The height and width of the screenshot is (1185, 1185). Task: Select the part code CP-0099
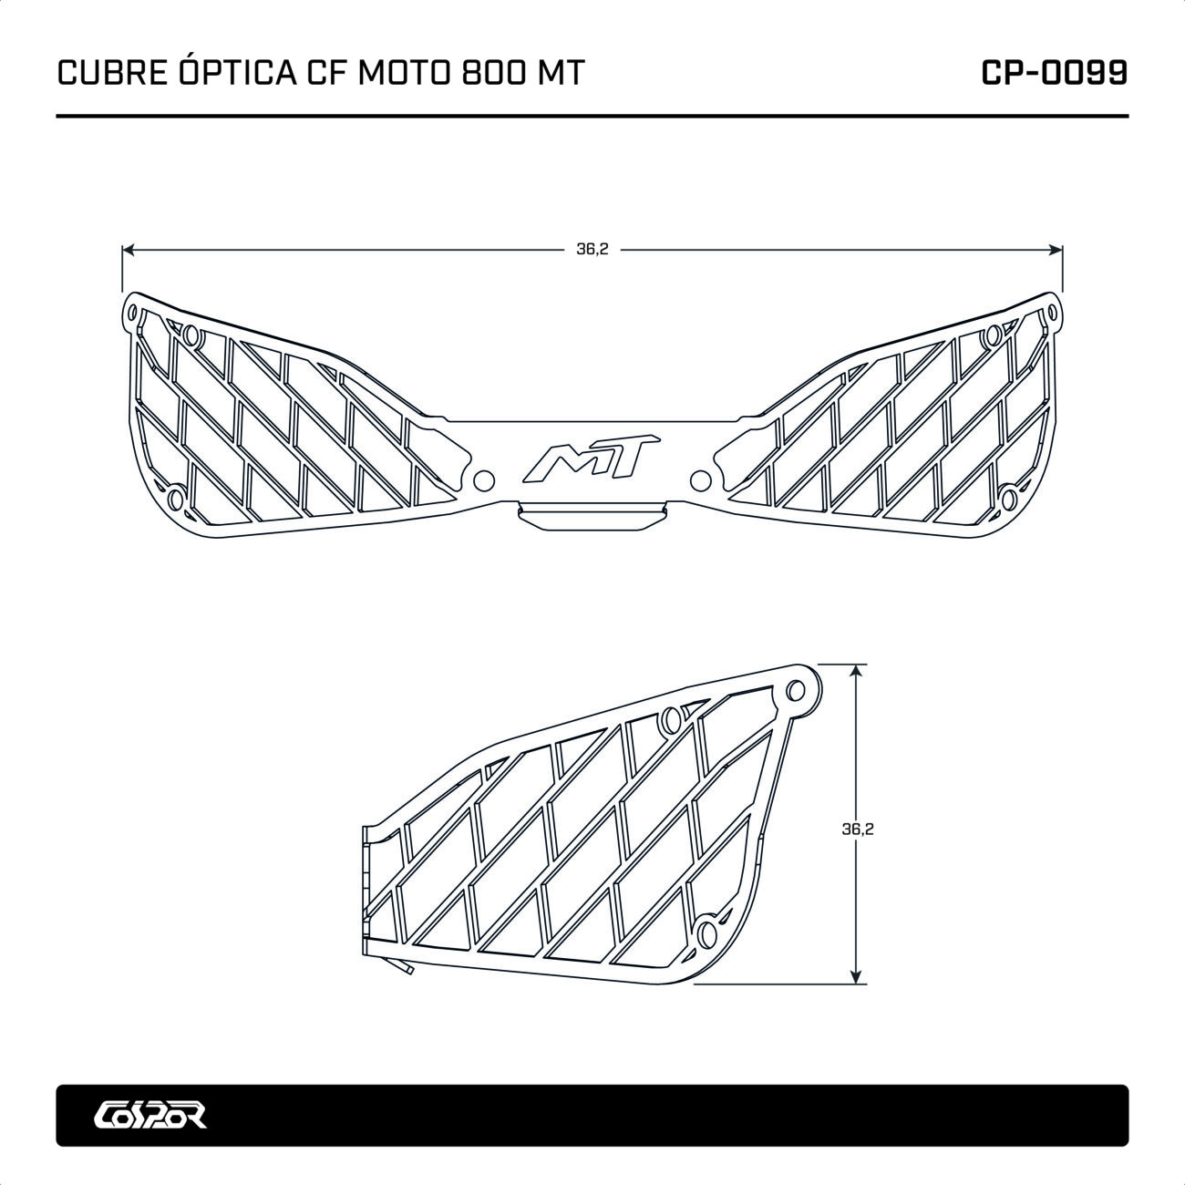click(1054, 74)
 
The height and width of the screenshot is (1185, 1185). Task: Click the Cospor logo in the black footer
click(150, 1115)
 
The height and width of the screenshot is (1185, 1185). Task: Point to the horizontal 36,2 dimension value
click(592, 249)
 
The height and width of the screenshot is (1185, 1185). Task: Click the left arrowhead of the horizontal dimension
click(127, 249)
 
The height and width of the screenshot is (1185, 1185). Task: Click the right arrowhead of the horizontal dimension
click(1058, 249)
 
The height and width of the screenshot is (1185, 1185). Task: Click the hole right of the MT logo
click(700, 478)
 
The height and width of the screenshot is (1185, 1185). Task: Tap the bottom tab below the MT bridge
click(591, 516)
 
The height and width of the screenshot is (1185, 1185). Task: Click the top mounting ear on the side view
click(801, 687)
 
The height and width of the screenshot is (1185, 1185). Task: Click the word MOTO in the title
click(405, 74)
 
